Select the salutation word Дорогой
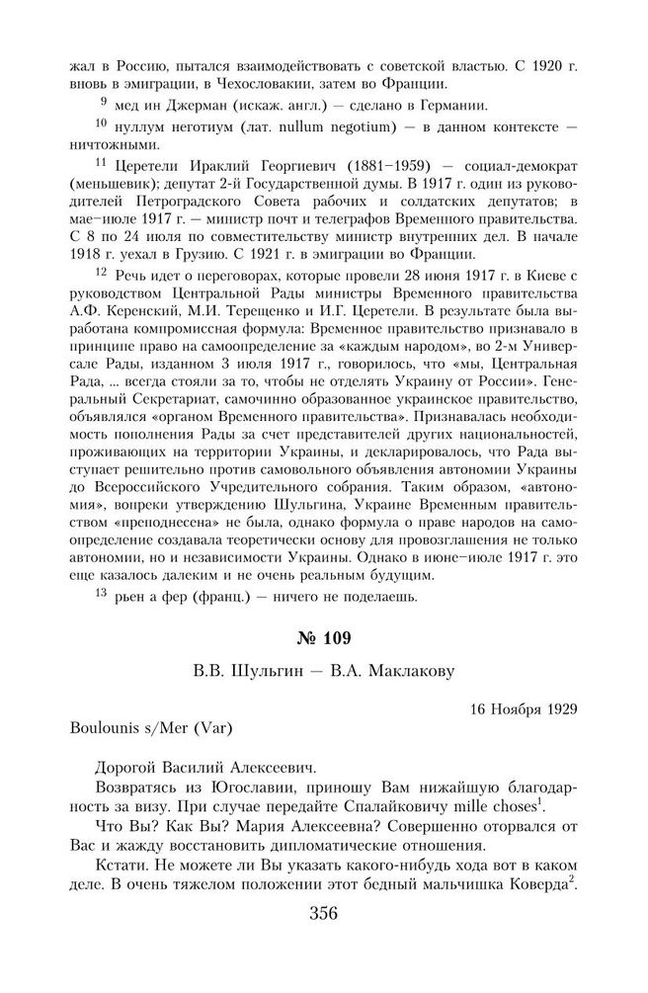(x=130, y=765)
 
